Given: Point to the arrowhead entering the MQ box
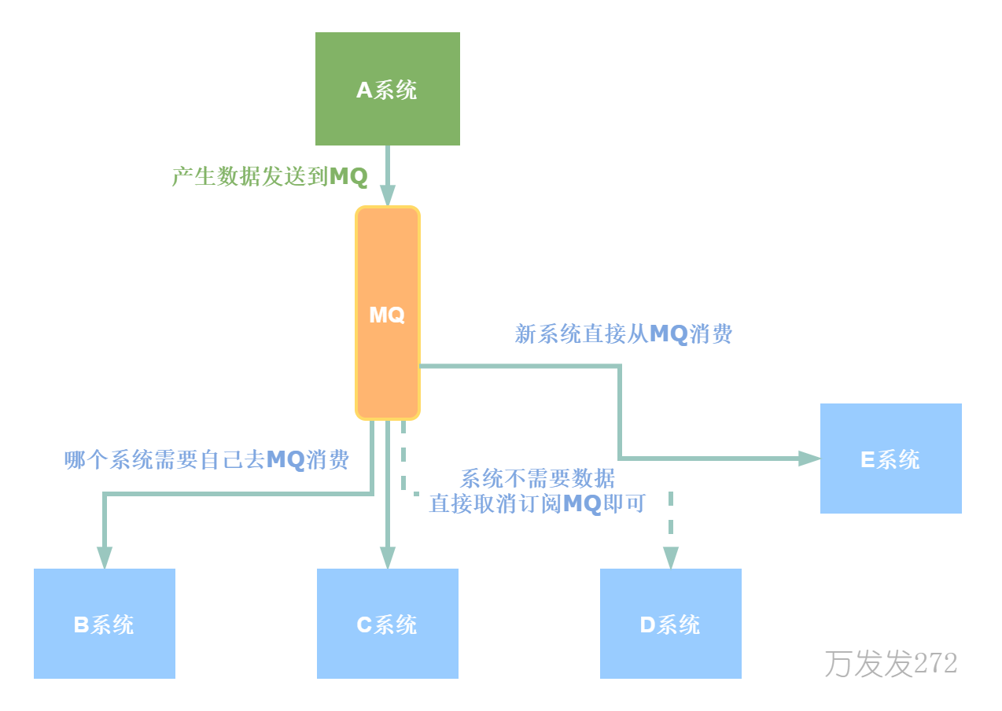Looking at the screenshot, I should [x=387, y=195].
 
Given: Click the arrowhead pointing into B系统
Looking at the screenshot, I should [x=104, y=558].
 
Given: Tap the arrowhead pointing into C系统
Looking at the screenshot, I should [x=387, y=558].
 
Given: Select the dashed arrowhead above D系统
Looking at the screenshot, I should [x=670, y=558].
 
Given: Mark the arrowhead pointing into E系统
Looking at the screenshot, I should [x=809, y=458].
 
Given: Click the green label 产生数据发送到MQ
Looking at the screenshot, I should [x=270, y=176].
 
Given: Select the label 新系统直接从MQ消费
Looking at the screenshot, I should [x=624, y=334].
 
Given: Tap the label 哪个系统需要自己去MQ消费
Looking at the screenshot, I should [x=207, y=459].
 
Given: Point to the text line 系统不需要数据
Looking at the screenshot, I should [x=538, y=478].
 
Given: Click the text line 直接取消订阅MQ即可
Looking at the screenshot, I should [x=537, y=503].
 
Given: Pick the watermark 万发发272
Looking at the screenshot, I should [x=890, y=664].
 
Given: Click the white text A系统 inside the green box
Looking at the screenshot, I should [x=387, y=90].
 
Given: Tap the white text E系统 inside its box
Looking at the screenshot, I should [x=890, y=459].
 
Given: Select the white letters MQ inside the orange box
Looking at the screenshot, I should [x=387, y=315].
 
